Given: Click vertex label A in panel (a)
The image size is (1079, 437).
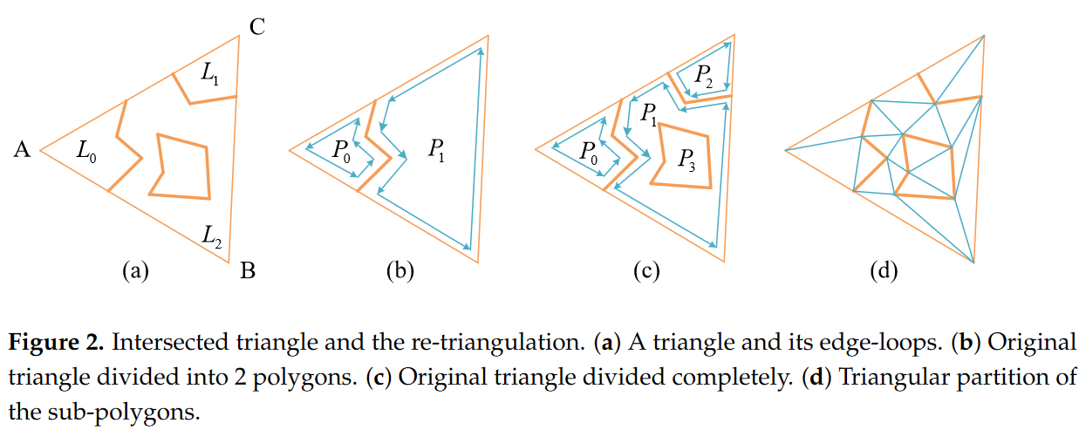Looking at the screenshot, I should tap(23, 151).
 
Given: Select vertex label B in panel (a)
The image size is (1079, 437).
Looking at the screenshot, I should tap(248, 272).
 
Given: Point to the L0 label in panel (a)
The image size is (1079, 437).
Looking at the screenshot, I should tap(86, 152).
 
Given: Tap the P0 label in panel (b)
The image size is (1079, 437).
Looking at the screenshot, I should tap(341, 151).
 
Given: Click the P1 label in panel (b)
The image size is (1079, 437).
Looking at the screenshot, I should tap(437, 150).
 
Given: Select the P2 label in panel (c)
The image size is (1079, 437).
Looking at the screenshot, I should tap(703, 76).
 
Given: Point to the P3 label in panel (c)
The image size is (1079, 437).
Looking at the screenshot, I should tap(686, 160).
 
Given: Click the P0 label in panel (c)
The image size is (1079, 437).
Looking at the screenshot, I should tap(589, 151).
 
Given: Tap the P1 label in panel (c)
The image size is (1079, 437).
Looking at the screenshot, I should tap(647, 113).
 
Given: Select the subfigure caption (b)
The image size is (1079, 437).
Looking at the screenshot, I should tap(400, 272).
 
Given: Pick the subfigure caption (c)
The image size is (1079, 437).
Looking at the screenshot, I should tap(645, 272).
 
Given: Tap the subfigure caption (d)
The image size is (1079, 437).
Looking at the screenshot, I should tap(884, 272).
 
